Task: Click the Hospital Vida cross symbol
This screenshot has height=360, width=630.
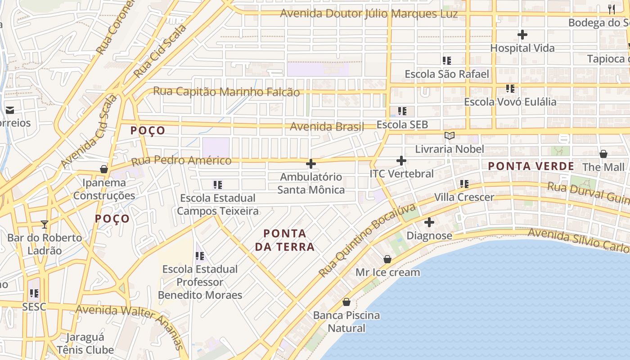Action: (522, 35)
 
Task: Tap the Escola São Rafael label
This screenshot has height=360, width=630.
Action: (446, 74)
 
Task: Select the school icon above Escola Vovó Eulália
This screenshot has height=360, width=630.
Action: (510, 88)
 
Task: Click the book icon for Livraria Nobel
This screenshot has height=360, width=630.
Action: (449, 135)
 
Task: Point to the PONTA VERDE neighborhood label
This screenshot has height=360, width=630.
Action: (531, 166)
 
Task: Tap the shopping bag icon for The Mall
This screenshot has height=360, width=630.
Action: (603, 154)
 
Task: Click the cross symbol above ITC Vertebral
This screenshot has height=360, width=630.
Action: (401, 160)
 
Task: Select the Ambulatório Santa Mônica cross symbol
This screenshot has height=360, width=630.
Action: (310, 164)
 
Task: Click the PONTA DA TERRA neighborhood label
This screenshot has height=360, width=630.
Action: (284, 240)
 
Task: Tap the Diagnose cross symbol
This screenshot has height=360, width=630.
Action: (429, 222)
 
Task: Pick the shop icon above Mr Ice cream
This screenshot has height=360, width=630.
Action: (387, 259)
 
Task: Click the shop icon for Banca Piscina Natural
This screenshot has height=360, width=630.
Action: (346, 302)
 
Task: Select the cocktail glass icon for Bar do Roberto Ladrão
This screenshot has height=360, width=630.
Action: (44, 224)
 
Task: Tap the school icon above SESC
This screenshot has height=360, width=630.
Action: (34, 293)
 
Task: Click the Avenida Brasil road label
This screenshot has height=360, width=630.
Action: (327, 126)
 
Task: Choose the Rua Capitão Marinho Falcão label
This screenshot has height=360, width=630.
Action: (226, 91)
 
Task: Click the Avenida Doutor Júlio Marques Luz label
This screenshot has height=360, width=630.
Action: (369, 13)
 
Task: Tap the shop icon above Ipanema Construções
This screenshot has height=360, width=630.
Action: (103, 169)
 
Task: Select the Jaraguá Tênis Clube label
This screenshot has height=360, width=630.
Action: (85, 343)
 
